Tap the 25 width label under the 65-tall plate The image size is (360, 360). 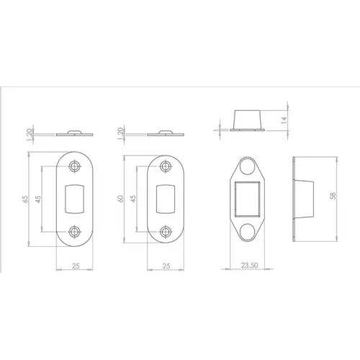click(75, 266)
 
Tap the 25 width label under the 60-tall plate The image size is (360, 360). click(166, 266)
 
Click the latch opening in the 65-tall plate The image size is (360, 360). click(75, 199)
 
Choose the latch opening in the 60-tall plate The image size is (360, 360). click(166, 199)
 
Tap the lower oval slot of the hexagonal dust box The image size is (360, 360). click(248, 232)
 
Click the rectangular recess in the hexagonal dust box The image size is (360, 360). click(248, 198)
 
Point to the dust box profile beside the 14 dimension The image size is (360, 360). click(248, 120)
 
